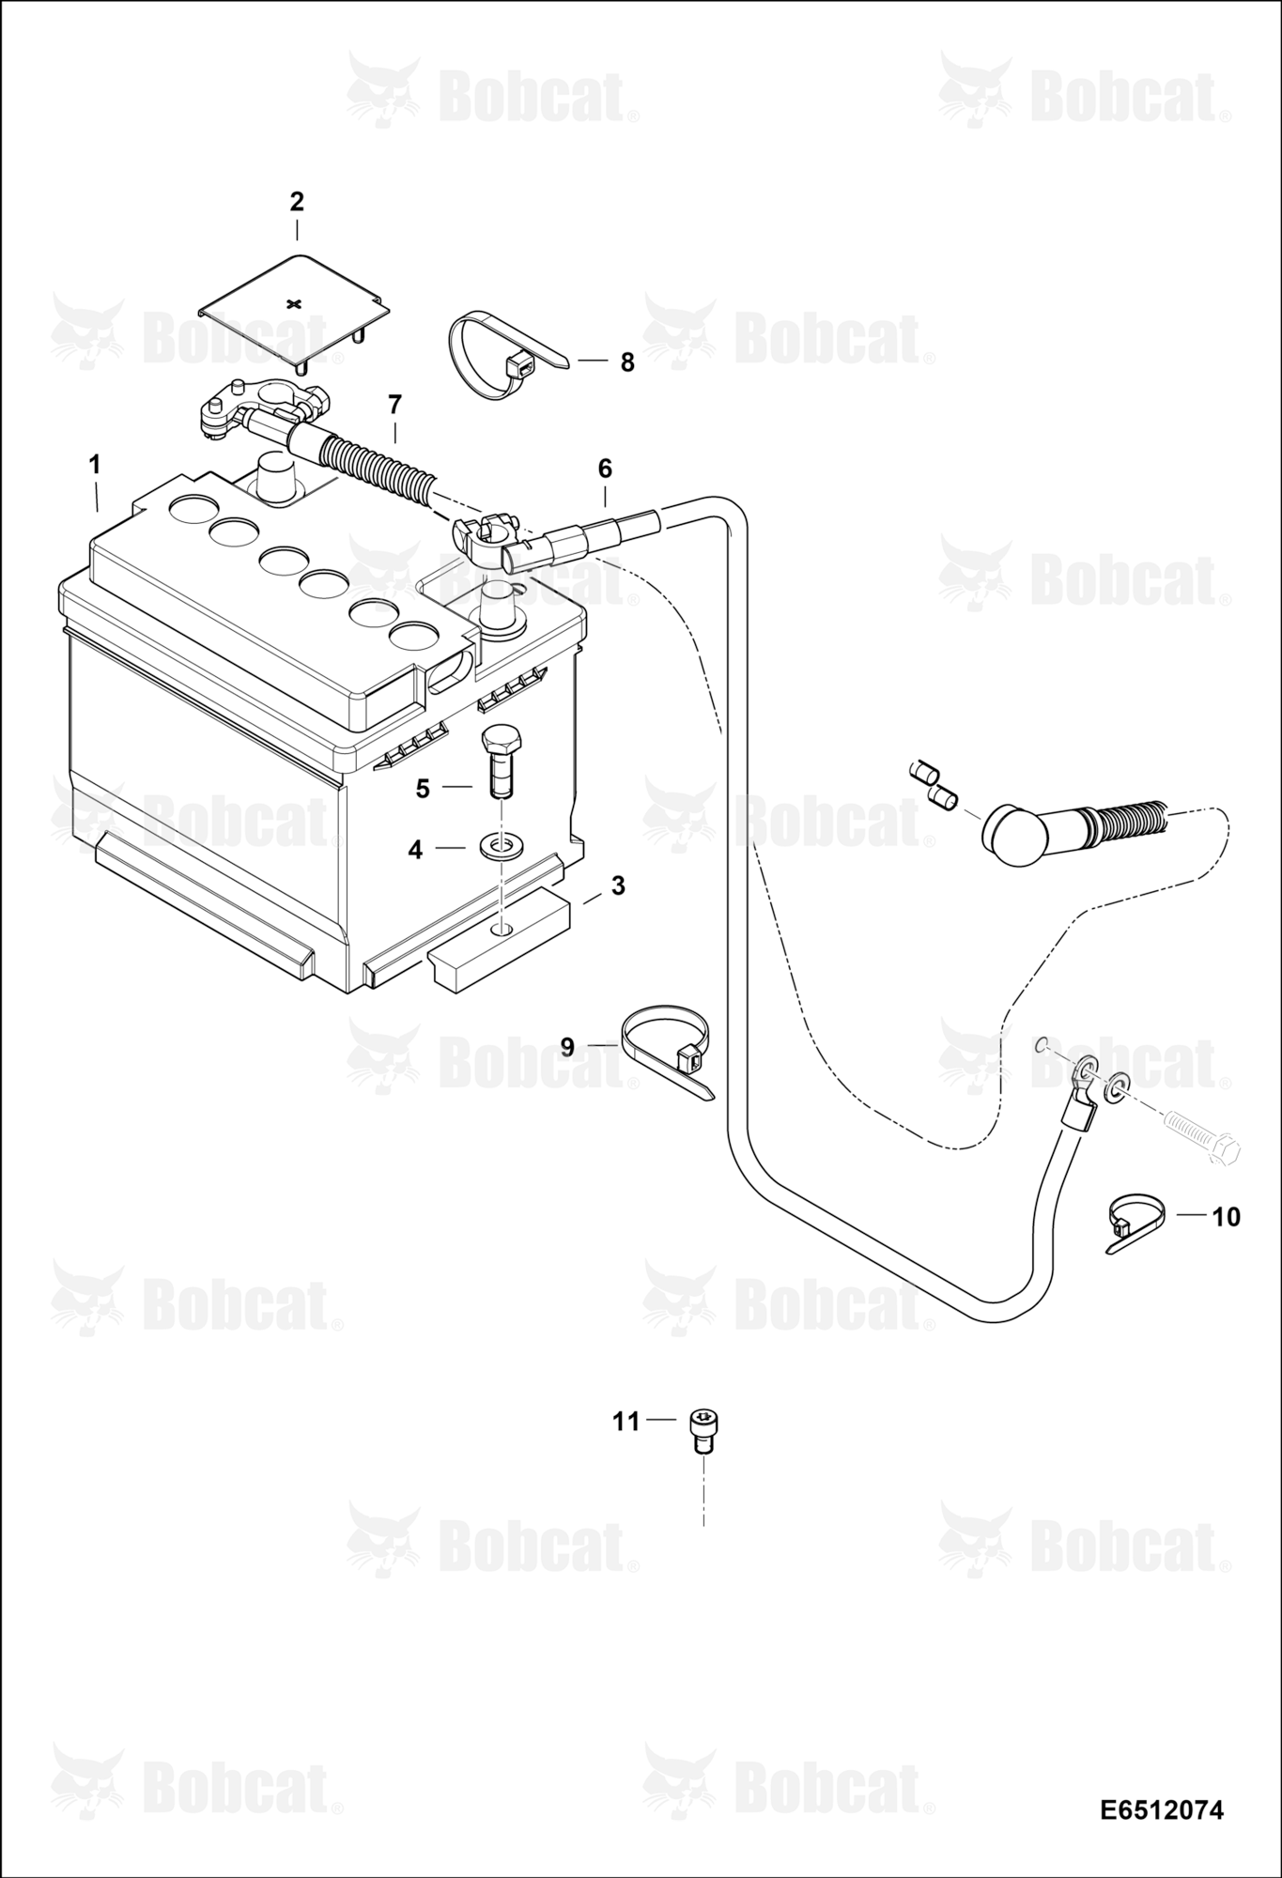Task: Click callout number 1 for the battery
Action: pos(95,465)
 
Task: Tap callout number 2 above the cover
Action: pos(297,202)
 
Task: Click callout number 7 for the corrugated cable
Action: pos(394,405)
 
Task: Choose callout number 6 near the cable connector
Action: pos(604,468)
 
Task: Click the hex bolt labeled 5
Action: pos(498,761)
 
